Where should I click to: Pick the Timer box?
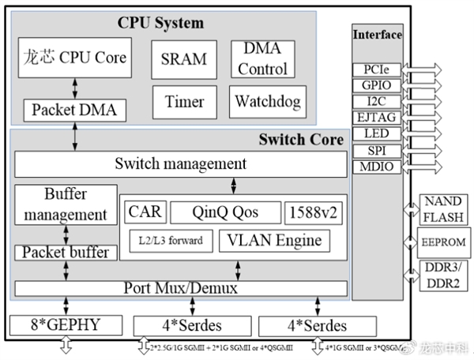pos(183,101)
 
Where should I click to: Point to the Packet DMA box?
pos(73,110)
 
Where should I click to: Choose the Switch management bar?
pos(180,164)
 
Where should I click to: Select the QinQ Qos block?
pos(224,212)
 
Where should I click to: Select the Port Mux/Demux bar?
pos(180,288)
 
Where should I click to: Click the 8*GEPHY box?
pos(66,324)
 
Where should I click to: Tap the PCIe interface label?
pos(376,70)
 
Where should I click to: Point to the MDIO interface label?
pos(376,166)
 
